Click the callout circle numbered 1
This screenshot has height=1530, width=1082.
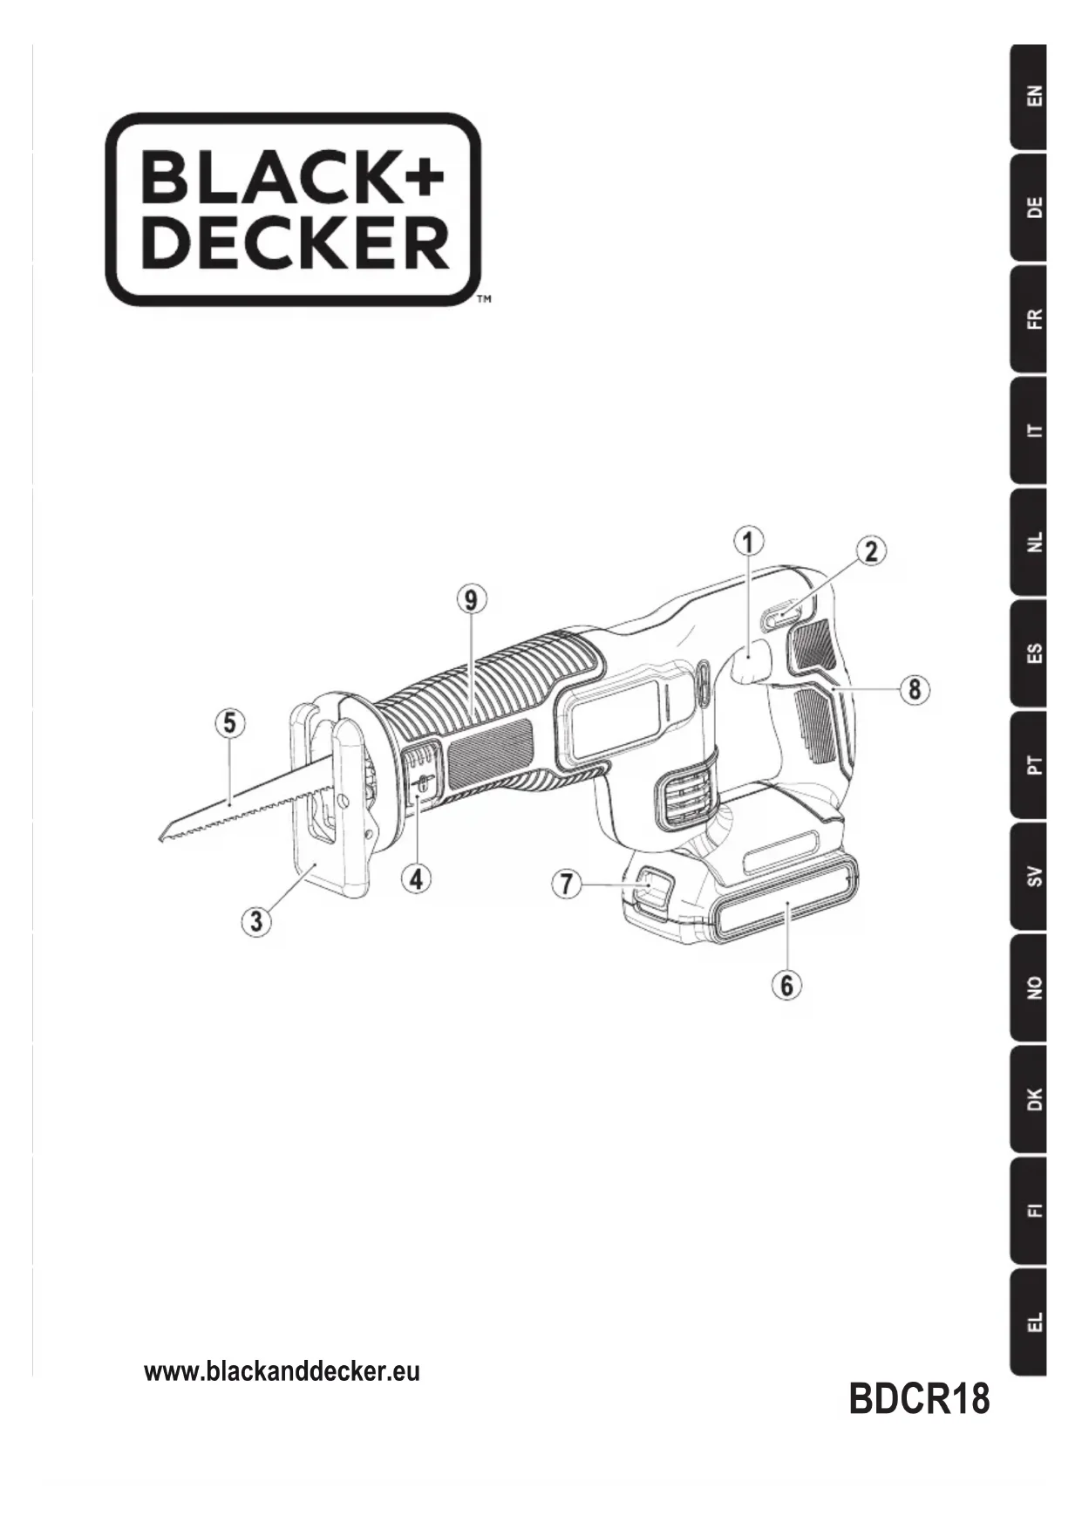(748, 541)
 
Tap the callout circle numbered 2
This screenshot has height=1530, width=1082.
(870, 551)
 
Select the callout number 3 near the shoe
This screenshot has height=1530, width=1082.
(256, 921)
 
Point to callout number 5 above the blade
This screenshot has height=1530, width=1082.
(229, 723)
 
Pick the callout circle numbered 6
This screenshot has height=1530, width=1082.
(786, 985)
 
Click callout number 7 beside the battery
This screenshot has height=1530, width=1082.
(567, 884)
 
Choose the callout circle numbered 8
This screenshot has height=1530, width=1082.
(915, 689)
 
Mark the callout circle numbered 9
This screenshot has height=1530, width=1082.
(472, 599)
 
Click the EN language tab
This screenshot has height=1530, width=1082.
(1029, 96)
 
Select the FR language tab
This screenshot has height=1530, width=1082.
(1029, 319)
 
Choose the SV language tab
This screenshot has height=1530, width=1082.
(1029, 876)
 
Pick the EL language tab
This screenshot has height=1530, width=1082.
(1029, 1322)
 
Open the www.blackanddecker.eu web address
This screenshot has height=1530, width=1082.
(282, 1371)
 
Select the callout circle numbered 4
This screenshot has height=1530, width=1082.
(417, 878)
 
